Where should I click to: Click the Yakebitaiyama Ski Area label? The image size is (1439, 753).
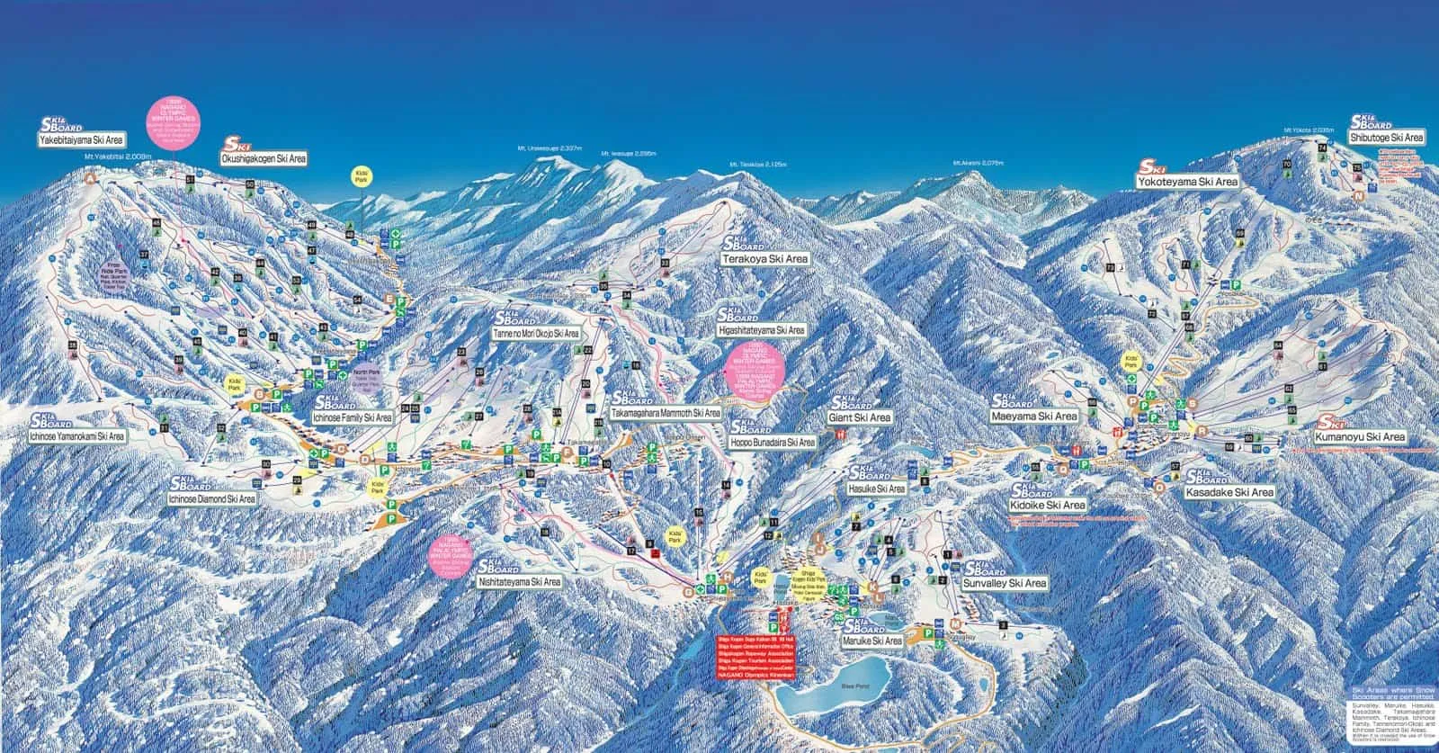click(81, 140)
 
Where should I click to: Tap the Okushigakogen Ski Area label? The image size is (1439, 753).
click(264, 158)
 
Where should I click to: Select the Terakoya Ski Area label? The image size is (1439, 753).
click(765, 259)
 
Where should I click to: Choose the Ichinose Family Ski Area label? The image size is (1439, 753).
click(353, 418)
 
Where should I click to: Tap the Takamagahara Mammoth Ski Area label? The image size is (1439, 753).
click(666, 413)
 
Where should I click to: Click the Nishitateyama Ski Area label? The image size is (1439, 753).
click(519, 582)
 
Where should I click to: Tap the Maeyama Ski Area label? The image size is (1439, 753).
click(1033, 417)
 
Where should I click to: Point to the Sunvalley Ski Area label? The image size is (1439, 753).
click(1004, 584)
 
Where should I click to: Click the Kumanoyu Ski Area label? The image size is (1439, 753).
click(1359, 436)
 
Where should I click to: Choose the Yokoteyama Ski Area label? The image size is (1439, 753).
click(1187, 182)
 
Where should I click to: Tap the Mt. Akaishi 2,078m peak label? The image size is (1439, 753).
click(978, 163)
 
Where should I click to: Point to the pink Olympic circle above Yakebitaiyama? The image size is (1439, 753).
click(174, 118)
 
